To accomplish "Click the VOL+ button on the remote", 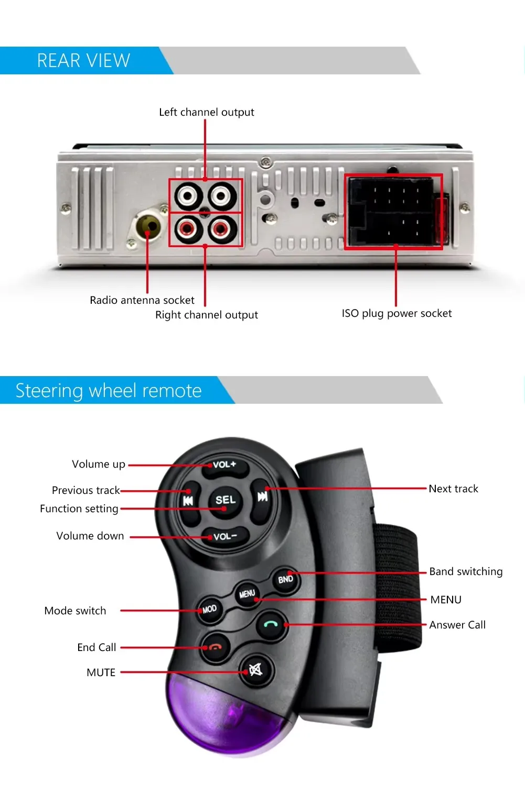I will point(224,465).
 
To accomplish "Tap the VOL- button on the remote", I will point(225,537).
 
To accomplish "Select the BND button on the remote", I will point(286,579).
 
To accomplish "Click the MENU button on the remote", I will point(247,594).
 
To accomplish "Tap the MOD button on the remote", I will point(209,610).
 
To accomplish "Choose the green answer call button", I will point(271,624).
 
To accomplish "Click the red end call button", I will point(216,647).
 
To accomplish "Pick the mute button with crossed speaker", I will point(255,669).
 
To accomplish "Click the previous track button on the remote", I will point(188,501).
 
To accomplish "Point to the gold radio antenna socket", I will point(148,227).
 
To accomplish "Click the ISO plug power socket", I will point(393,212).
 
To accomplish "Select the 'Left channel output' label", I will point(206,112).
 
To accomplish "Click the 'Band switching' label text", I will point(466,571).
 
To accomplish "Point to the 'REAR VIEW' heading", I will point(83,61).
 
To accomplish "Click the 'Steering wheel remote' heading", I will point(109,391).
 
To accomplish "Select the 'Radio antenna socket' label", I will point(142,300).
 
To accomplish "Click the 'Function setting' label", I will point(79,509).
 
